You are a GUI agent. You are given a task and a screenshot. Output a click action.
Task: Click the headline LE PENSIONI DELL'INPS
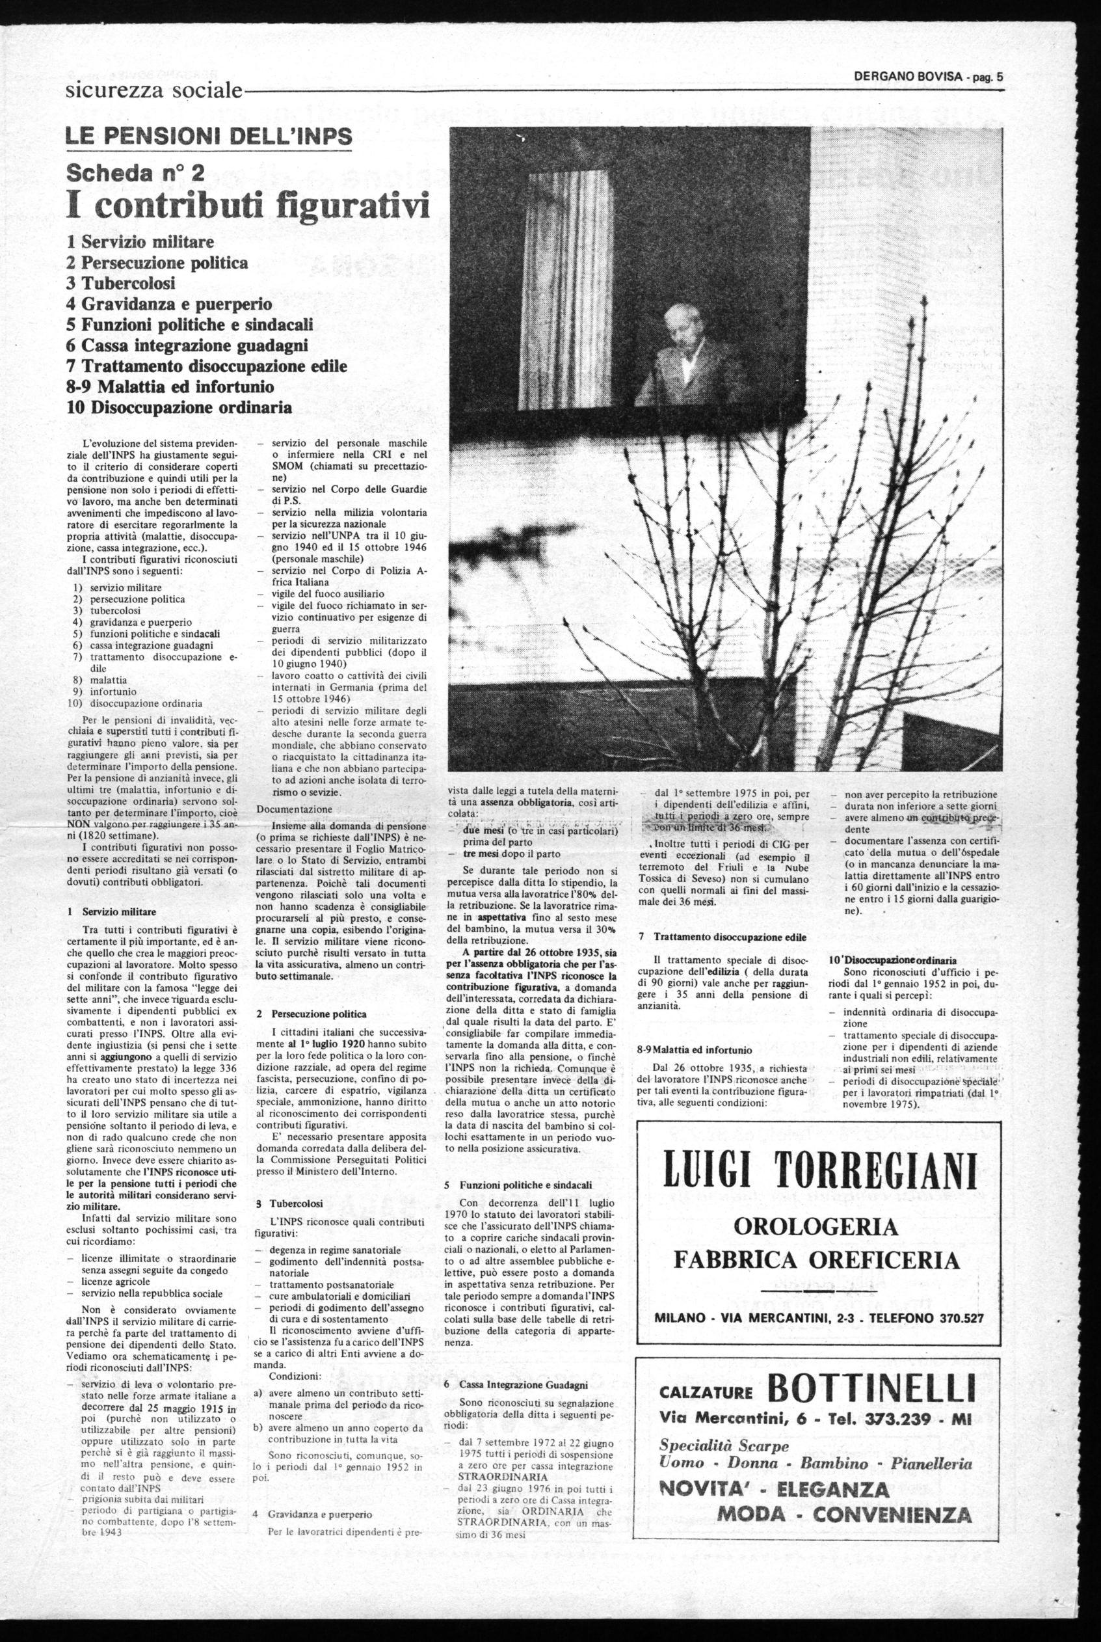pos(209,136)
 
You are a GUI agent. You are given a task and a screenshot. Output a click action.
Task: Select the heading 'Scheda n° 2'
pos(135,172)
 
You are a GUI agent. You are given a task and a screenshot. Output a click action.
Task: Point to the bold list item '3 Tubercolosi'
pos(120,283)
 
